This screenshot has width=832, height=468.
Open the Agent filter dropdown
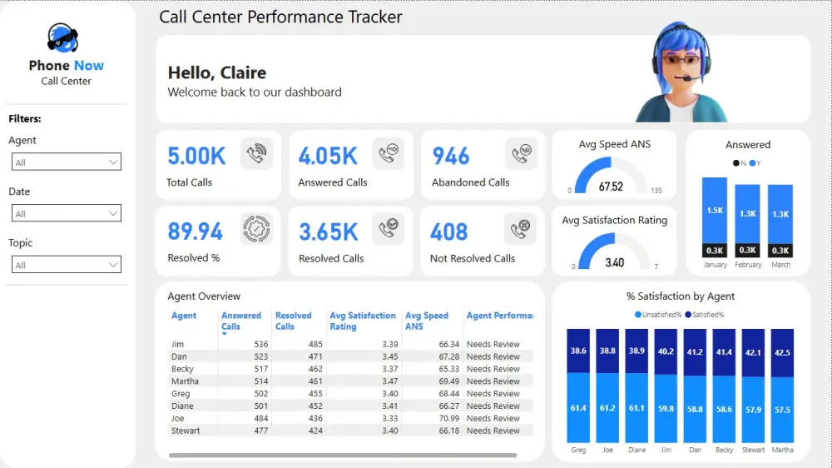(x=67, y=162)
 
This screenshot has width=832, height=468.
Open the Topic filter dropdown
(x=67, y=265)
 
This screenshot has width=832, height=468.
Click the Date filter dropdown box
(x=67, y=213)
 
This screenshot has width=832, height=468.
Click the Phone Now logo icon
(x=63, y=37)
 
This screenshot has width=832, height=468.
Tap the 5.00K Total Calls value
(x=196, y=156)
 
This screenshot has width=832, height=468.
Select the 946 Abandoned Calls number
(x=451, y=156)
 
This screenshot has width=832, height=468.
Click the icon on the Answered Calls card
(x=388, y=154)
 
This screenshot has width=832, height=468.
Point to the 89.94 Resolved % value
(x=196, y=231)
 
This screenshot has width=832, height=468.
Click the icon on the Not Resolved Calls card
(x=521, y=229)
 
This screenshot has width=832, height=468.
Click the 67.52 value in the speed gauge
(x=611, y=187)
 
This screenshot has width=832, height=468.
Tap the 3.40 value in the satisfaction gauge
(x=614, y=262)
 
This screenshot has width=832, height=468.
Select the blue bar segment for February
(x=748, y=213)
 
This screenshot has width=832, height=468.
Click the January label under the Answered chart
(x=715, y=265)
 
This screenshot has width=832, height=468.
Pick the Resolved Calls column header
(x=293, y=321)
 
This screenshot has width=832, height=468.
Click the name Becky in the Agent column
(x=182, y=369)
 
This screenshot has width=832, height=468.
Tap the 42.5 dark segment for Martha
(x=782, y=352)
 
